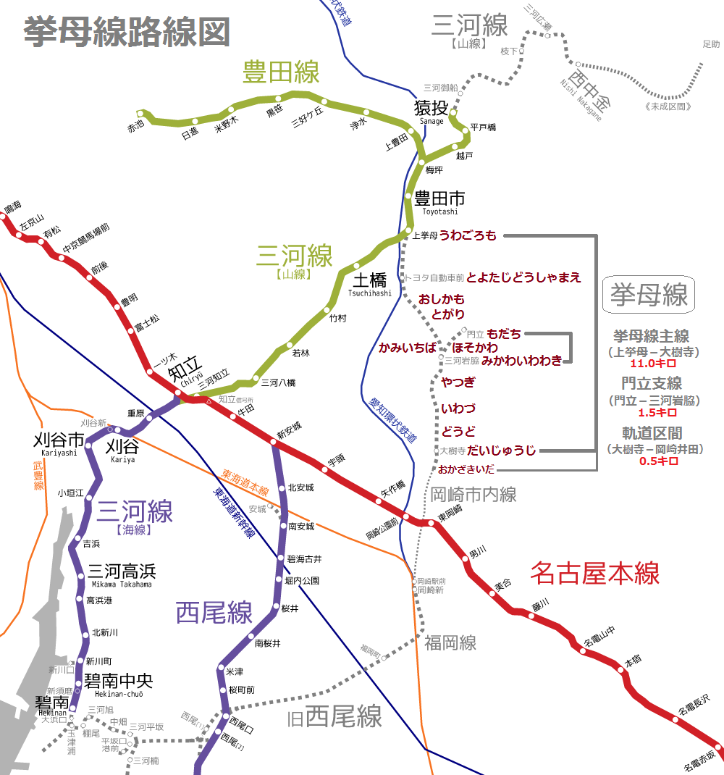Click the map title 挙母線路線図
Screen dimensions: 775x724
[x=127, y=33]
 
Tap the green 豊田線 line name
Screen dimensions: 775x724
[x=281, y=72]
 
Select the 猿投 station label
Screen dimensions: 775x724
[x=431, y=109]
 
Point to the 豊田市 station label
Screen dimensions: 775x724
[x=439, y=198]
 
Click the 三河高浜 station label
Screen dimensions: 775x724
[x=121, y=570]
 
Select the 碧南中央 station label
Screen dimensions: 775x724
[x=118, y=681]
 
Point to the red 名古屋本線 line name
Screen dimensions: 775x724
[x=594, y=574]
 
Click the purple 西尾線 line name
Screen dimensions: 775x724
[x=214, y=613]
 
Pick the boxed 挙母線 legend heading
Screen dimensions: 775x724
[x=648, y=295]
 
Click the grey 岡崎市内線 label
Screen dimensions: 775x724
[x=473, y=495]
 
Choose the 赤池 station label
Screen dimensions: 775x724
[x=136, y=125]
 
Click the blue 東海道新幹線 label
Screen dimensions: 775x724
[x=233, y=511]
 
